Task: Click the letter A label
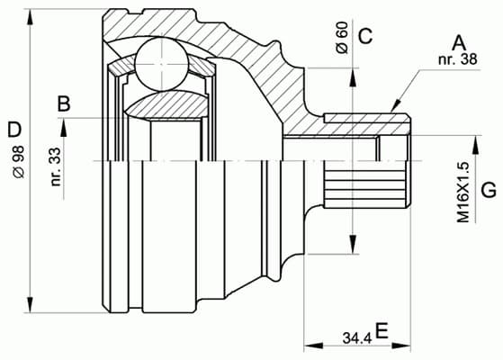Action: point(459,41)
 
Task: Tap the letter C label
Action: point(364,36)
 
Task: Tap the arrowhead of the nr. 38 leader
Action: point(395,110)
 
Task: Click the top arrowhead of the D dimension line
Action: point(31,16)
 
